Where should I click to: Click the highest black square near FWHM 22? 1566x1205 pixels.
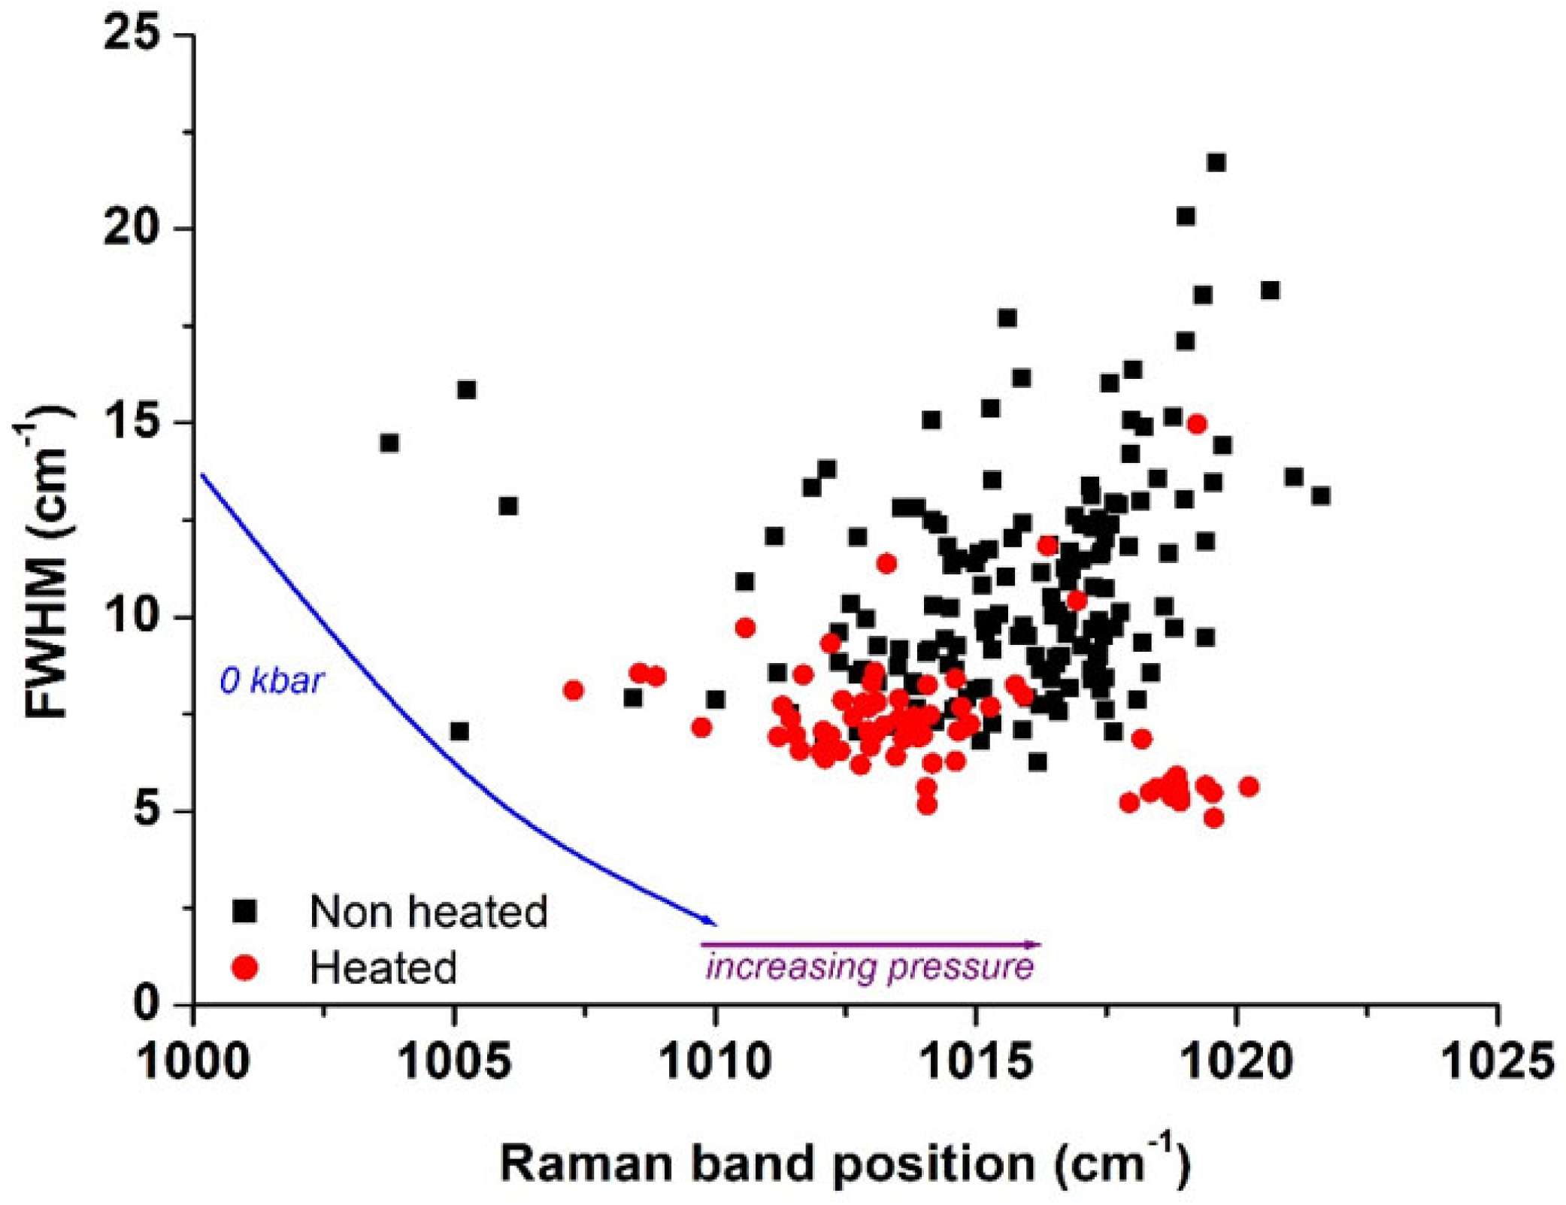point(1216,162)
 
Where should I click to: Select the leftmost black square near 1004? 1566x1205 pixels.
point(389,443)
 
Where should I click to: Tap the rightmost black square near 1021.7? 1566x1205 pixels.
point(1321,495)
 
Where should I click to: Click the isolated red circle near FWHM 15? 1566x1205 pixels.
point(1197,424)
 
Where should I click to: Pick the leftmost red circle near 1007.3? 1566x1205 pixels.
point(573,689)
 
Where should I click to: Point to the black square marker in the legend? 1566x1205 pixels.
point(245,912)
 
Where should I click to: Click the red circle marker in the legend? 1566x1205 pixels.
point(245,967)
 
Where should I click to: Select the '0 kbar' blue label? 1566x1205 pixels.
point(271,681)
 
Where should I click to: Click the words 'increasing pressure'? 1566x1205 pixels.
point(869,967)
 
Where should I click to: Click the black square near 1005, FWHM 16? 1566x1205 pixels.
point(466,389)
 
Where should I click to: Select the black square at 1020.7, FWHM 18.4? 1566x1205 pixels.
point(1270,290)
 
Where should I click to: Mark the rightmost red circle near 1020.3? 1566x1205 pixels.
point(1249,786)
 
